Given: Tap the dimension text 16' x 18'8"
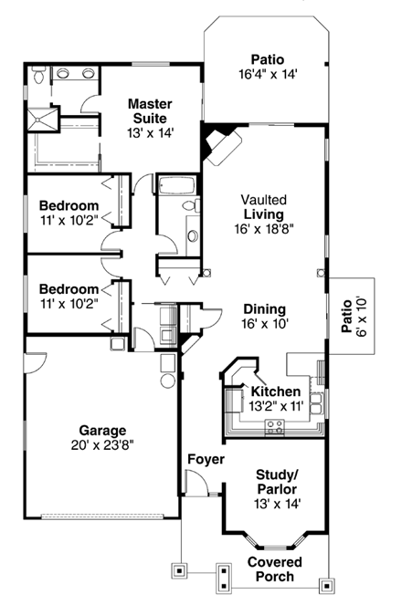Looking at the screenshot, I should coord(264,229).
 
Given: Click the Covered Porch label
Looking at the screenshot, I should coord(275,569).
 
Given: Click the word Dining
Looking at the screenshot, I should coord(264,308).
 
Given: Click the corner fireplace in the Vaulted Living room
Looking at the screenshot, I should coord(220,143).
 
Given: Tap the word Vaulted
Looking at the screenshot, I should coord(264,199).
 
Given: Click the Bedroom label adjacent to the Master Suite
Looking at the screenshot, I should coord(69,205).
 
